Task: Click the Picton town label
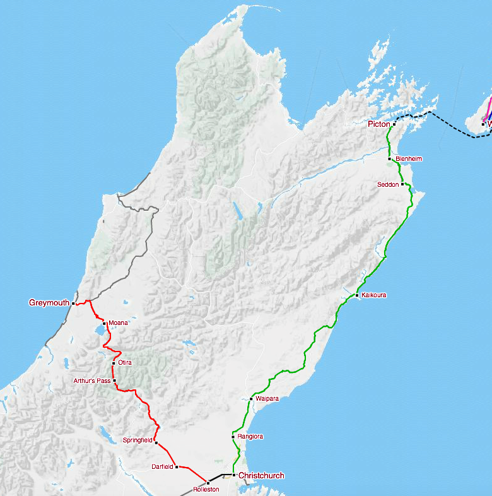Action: click(x=379, y=124)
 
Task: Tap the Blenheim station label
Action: click(x=408, y=158)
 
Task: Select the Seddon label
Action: click(x=387, y=185)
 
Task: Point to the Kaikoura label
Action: click(x=373, y=295)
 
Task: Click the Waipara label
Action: click(x=267, y=399)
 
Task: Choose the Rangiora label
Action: click(x=250, y=437)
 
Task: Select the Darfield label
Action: click(x=163, y=467)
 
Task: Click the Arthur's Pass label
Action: click(x=92, y=381)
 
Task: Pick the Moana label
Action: click(x=118, y=323)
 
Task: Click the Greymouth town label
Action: click(x=49, y=303)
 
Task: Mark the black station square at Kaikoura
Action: click(x=357, y=295)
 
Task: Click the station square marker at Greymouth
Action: click(x=74, y=304)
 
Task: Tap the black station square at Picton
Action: click(x=394, y=124)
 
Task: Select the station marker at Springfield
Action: click(x=156, y=443)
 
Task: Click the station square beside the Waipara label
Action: click(x=251, y=399)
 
